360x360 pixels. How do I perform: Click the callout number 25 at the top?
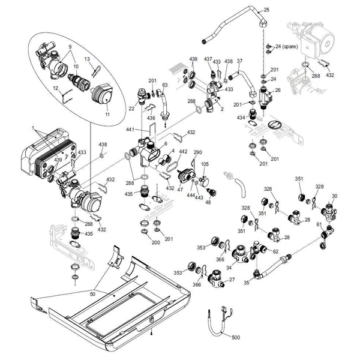click(x=267, y=10)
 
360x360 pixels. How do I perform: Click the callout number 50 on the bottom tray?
click(x=92, y=295)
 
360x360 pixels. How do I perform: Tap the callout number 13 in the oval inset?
click(x=87, y=59)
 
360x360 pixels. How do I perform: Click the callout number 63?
click(x=165, y=86)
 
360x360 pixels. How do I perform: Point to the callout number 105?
click(x=205, y=164)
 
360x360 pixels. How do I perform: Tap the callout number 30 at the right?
click(x=335, y=196)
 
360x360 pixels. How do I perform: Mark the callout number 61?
click(x=319, y=224)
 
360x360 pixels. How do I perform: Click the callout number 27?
click(x=232, y=280)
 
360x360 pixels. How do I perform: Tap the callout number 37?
click(x=239, y=62)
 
